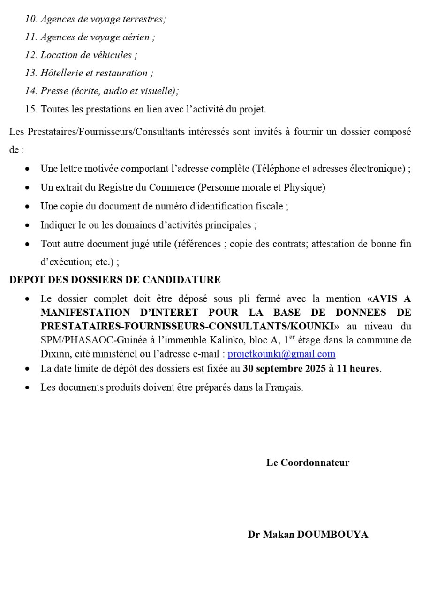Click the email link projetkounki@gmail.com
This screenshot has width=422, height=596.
(x=281, y=354)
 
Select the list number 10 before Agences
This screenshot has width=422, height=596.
(x=31, y=19)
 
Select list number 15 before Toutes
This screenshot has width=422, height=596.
(x=31, y=109)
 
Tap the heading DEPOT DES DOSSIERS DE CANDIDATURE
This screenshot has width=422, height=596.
(x=115, y=280)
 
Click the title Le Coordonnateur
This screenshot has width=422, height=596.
(x=308, y=462)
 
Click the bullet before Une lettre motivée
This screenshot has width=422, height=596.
(x=29, y=169)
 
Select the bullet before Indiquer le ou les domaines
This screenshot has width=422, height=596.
(x=29, y=225)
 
